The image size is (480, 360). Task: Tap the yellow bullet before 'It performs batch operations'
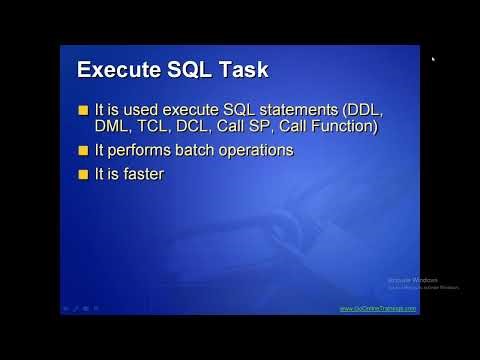tap(84, 150)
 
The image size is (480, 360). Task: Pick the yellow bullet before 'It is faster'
tap(84, 174)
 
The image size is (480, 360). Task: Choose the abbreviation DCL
tap(190, 127)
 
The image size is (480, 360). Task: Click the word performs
tap(143, 151)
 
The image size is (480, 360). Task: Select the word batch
tap(198, 151)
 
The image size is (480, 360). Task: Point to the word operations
tap(258, 151)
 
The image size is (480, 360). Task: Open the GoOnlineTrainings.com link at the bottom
tap(378, 309)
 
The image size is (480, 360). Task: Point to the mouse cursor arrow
tap(433, 59)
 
